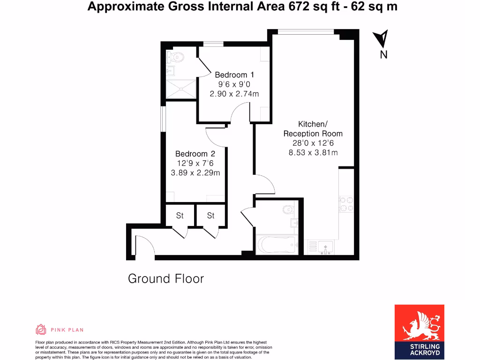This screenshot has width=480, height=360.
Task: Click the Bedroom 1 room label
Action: tap(234, 75)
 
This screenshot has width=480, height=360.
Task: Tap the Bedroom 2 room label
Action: tap(195, 154)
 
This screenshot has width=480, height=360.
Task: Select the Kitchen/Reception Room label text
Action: tap(313, 129)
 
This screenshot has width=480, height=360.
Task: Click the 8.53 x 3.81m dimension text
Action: tap(313, 152)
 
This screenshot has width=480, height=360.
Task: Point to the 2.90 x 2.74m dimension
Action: tap(234, 94)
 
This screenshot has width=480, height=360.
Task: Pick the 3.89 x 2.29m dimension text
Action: tap(195, 172)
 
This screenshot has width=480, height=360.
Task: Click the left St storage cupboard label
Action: tap(180, 216)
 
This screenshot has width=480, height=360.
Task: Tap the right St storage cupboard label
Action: tap(211, 216)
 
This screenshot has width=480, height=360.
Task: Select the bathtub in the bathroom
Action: tap(277, 245)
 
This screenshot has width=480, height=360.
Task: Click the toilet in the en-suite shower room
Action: tap(176, 57)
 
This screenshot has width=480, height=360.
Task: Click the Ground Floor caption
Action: tap(166, 279)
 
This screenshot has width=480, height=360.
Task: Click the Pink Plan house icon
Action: tap(41, 330)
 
